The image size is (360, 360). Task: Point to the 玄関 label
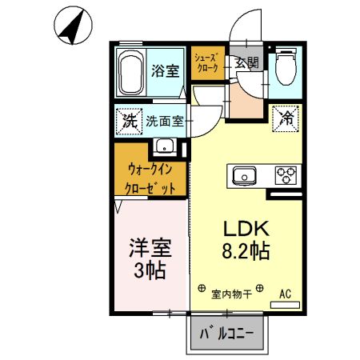[244, 63]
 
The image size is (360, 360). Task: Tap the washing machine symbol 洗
[128, 122]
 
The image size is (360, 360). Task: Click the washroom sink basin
[165, 146]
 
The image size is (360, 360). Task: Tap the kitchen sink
[244, 175]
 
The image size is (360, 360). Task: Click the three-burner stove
[285, 175]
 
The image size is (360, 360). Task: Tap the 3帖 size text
[150, 270]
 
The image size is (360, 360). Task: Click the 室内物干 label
[231, 294]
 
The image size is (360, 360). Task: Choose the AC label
[285, 294]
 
